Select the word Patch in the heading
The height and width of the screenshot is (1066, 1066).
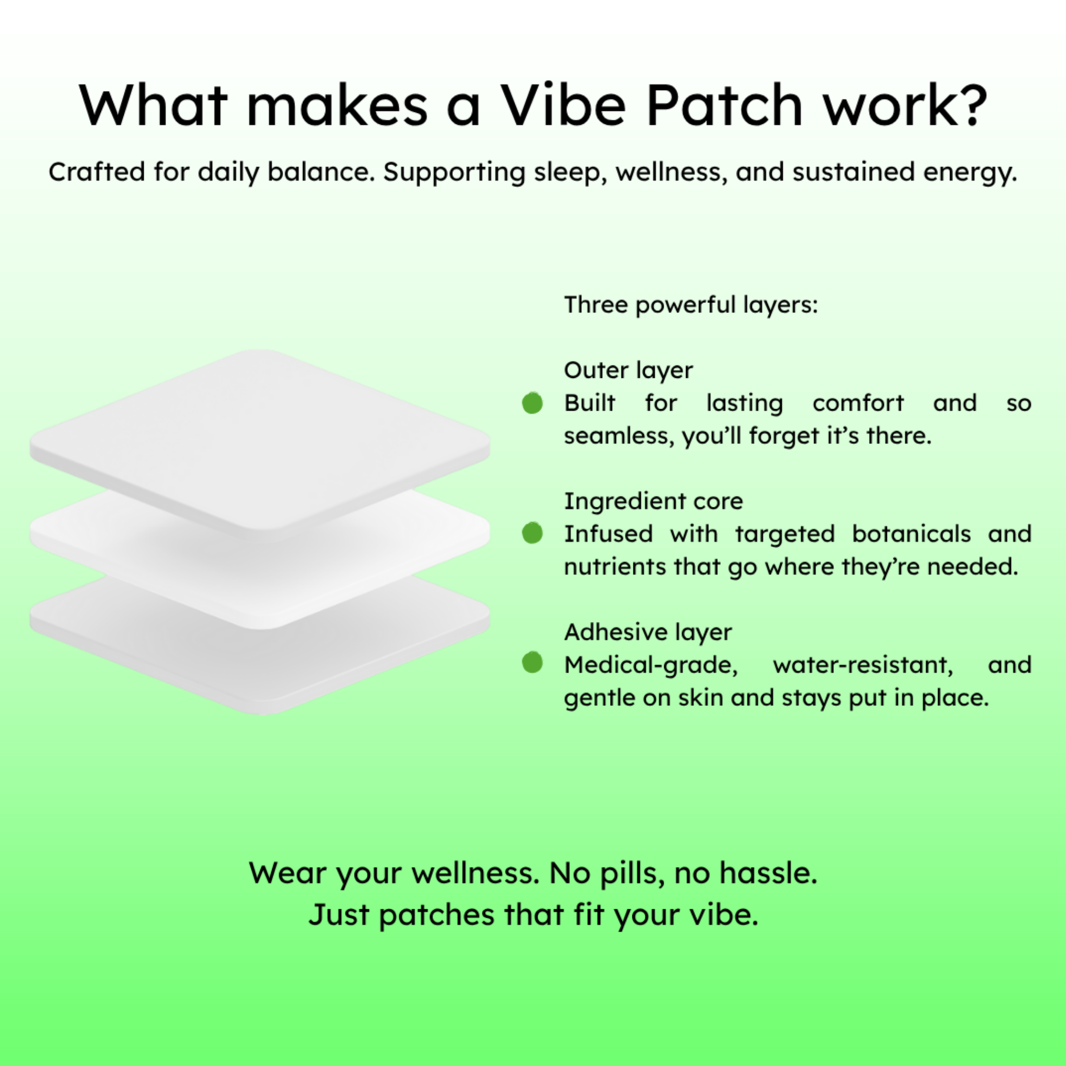725,104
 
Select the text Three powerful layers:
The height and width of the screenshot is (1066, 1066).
691,305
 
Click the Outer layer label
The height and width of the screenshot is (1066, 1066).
628,371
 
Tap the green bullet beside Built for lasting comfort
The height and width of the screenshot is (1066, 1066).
532,403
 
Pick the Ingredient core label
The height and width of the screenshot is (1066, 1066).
653,502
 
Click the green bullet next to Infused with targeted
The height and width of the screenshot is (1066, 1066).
532,533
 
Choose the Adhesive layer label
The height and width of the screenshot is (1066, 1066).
648,632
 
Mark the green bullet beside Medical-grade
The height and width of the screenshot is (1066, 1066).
532,663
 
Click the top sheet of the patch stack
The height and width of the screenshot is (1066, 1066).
259,441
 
